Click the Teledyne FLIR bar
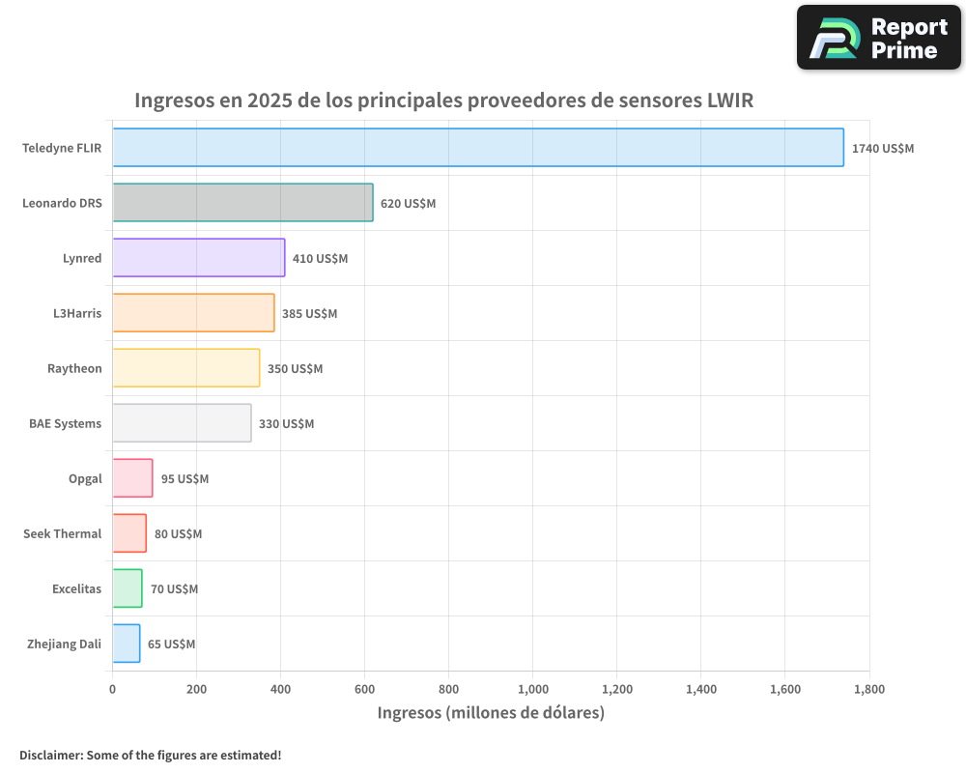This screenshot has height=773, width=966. click(x=478, y=148)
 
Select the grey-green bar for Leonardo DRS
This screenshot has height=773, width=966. click(x=242, y=203)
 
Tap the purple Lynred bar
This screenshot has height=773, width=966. click(x=198, y=258)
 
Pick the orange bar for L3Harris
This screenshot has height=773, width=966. click(x=193, y=313)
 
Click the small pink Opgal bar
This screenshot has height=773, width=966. click(x=132, y=478)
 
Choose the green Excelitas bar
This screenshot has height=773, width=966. click(x=128, y=588)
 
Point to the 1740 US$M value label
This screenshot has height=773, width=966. click(x=882, y=149)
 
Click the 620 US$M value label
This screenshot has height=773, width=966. click(x=408, y=204)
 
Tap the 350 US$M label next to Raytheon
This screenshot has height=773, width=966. click(x=295, y=369)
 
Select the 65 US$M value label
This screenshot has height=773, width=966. click(x=171, y=644)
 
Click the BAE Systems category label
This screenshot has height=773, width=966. click(x=65, y=423)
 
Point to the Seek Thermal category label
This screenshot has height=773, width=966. click(x=62, y=533)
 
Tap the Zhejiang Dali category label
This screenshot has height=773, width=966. click(x=64, y=644)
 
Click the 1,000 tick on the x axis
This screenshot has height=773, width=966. click(x=532, y=689)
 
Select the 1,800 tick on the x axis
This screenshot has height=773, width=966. click(x=868, y=689)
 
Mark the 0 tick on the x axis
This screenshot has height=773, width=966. click(x=113, y=689)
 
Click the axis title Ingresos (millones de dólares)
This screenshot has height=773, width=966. click(x=491, y=713)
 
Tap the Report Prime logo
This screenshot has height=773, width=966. click(x=878, y=38)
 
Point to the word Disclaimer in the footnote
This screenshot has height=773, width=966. click(x=50, y=755)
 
